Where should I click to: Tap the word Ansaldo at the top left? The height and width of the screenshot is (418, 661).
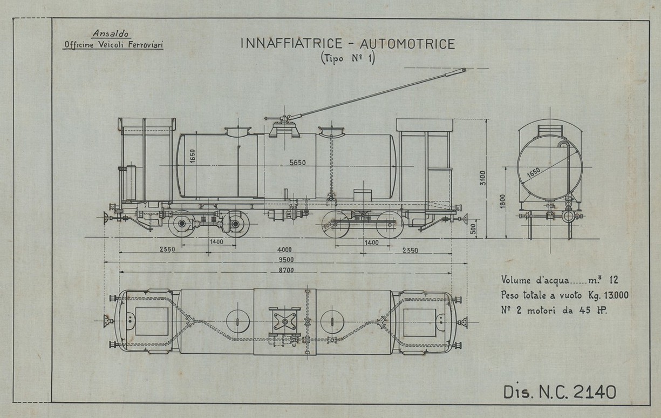112,33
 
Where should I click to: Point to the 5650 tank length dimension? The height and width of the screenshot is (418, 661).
298,162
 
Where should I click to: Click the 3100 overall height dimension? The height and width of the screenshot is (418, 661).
483,177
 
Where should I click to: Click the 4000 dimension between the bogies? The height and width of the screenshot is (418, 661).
284,250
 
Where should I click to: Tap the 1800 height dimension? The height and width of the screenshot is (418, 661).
503,201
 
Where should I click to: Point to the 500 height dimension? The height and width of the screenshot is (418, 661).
473,229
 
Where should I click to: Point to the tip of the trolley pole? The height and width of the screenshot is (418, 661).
462,70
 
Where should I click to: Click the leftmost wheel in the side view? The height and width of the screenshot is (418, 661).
180,223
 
